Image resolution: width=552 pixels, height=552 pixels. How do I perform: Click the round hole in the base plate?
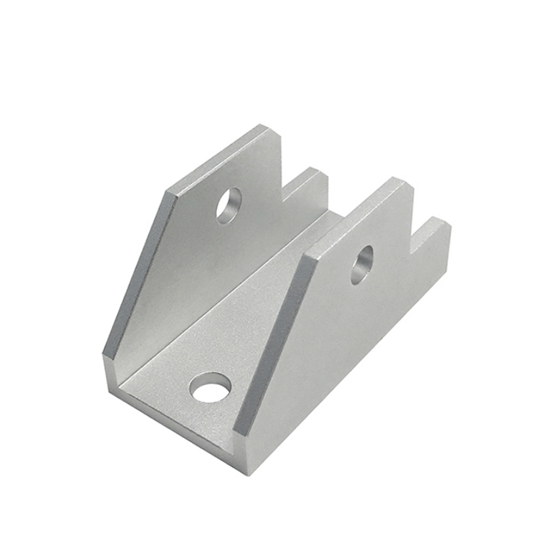click(x=210, y=387)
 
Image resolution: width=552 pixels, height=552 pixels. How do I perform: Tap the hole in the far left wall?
click(x=228, y=205)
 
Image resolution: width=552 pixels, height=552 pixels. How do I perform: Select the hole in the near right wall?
click(x=361, y=263)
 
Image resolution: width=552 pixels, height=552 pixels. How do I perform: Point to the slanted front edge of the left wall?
click(x=140, y=272)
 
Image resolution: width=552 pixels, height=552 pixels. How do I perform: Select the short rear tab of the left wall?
click(x=313, y=180)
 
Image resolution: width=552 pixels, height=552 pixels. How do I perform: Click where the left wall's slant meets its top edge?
click(x=171, y=193)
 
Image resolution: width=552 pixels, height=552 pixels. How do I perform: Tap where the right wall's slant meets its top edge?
click(x=309, y=258)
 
